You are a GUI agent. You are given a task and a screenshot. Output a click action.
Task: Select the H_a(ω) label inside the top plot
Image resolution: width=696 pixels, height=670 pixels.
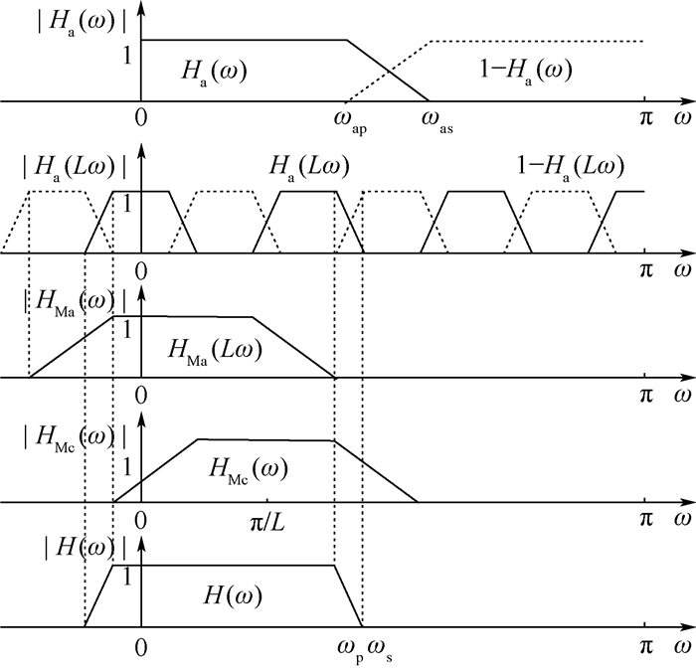click(x=214, y=71)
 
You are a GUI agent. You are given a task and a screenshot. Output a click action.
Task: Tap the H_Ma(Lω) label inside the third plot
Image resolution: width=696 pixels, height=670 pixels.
click(x=214, y=350)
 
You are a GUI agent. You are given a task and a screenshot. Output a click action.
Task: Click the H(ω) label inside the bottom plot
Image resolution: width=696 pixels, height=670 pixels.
click(x=231, y=594)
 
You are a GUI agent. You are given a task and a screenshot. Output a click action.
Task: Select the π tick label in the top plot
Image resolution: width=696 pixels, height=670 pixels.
click(x=646, y=116)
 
